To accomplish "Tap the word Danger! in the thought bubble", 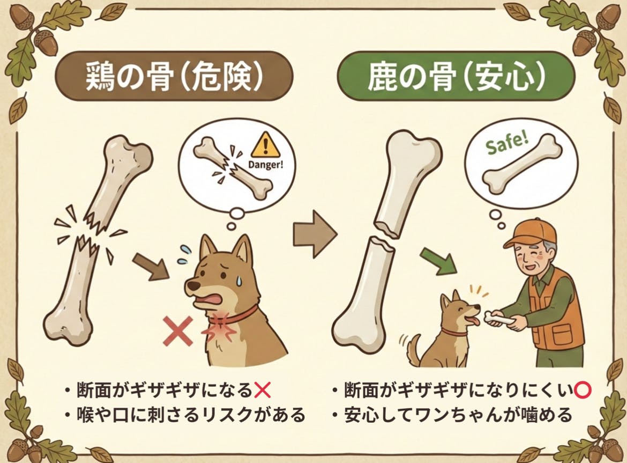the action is (x=265, y=165).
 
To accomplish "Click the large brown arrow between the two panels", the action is (x=315, y=233).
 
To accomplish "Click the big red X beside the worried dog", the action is (x=178, y=330).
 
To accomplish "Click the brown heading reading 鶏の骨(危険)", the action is (x=174, y=76).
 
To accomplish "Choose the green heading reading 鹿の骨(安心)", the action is (x=456, y=76).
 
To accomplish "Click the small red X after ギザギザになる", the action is (x=262, y=390).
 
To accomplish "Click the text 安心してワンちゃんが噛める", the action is (x=458, y=415).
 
